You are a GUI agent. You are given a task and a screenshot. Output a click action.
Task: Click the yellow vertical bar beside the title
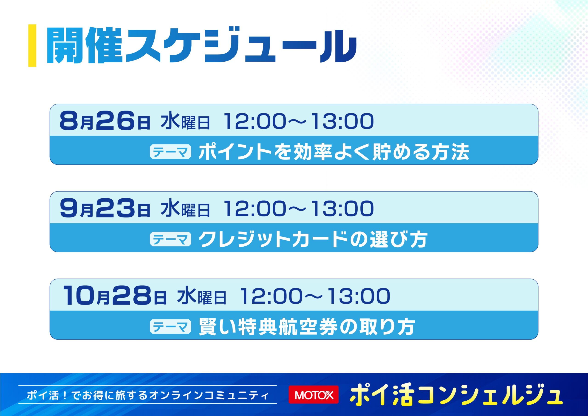point(32,46)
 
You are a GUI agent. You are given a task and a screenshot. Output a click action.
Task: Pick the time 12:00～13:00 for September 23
point(299,209)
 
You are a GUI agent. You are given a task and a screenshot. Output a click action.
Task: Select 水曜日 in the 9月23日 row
point(185,209)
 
